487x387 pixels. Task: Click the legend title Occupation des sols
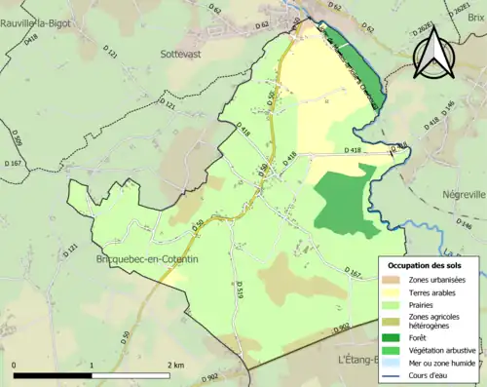[430, 265]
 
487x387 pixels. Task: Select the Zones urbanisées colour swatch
[392, 280]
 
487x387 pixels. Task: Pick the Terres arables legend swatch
[392, 292]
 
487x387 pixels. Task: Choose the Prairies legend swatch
[392, 305]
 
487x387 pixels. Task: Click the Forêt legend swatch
[392, 337]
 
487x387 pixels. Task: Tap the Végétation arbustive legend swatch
[392, 350]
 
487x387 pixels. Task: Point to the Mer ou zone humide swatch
[392, 363]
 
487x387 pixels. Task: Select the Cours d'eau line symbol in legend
[392, 375]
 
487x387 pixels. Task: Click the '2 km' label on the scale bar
[175, 364]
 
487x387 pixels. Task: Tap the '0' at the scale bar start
[15, 364]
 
